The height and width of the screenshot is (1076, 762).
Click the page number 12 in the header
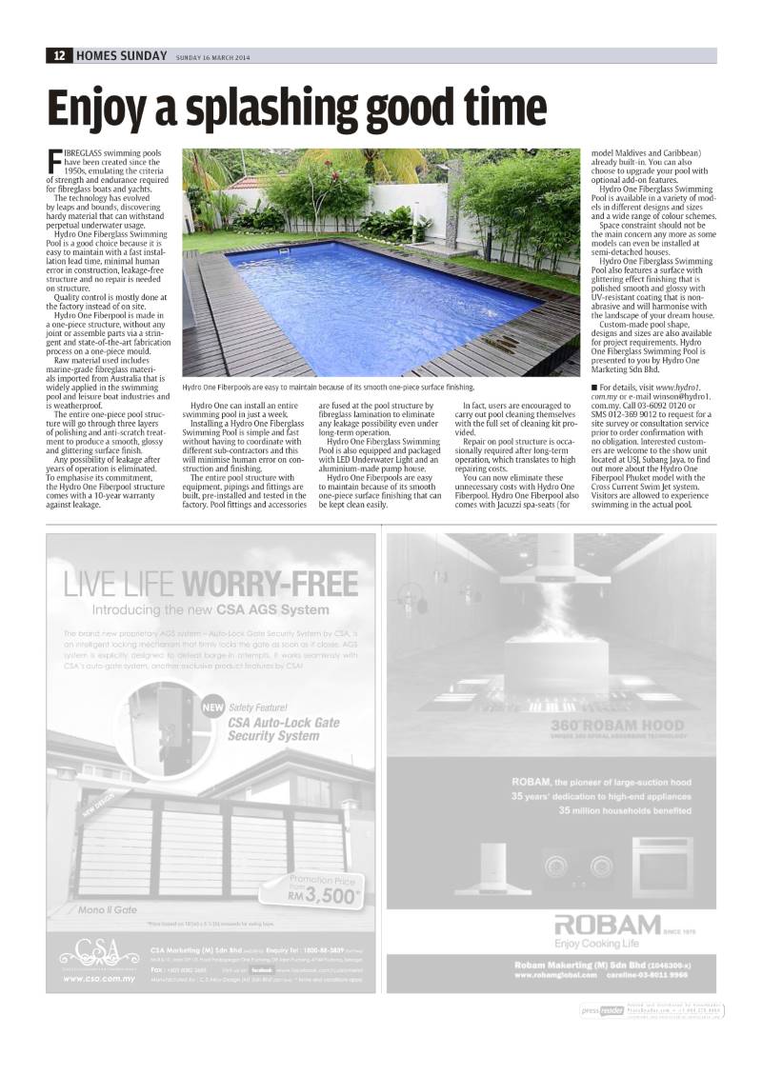tap(59, 55)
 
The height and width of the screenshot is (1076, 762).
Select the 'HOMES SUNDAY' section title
tap(120, 55)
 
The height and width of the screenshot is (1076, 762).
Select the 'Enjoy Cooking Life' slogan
tap(594, 943)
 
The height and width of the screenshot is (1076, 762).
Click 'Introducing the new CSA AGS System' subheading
tap(211, 609)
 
